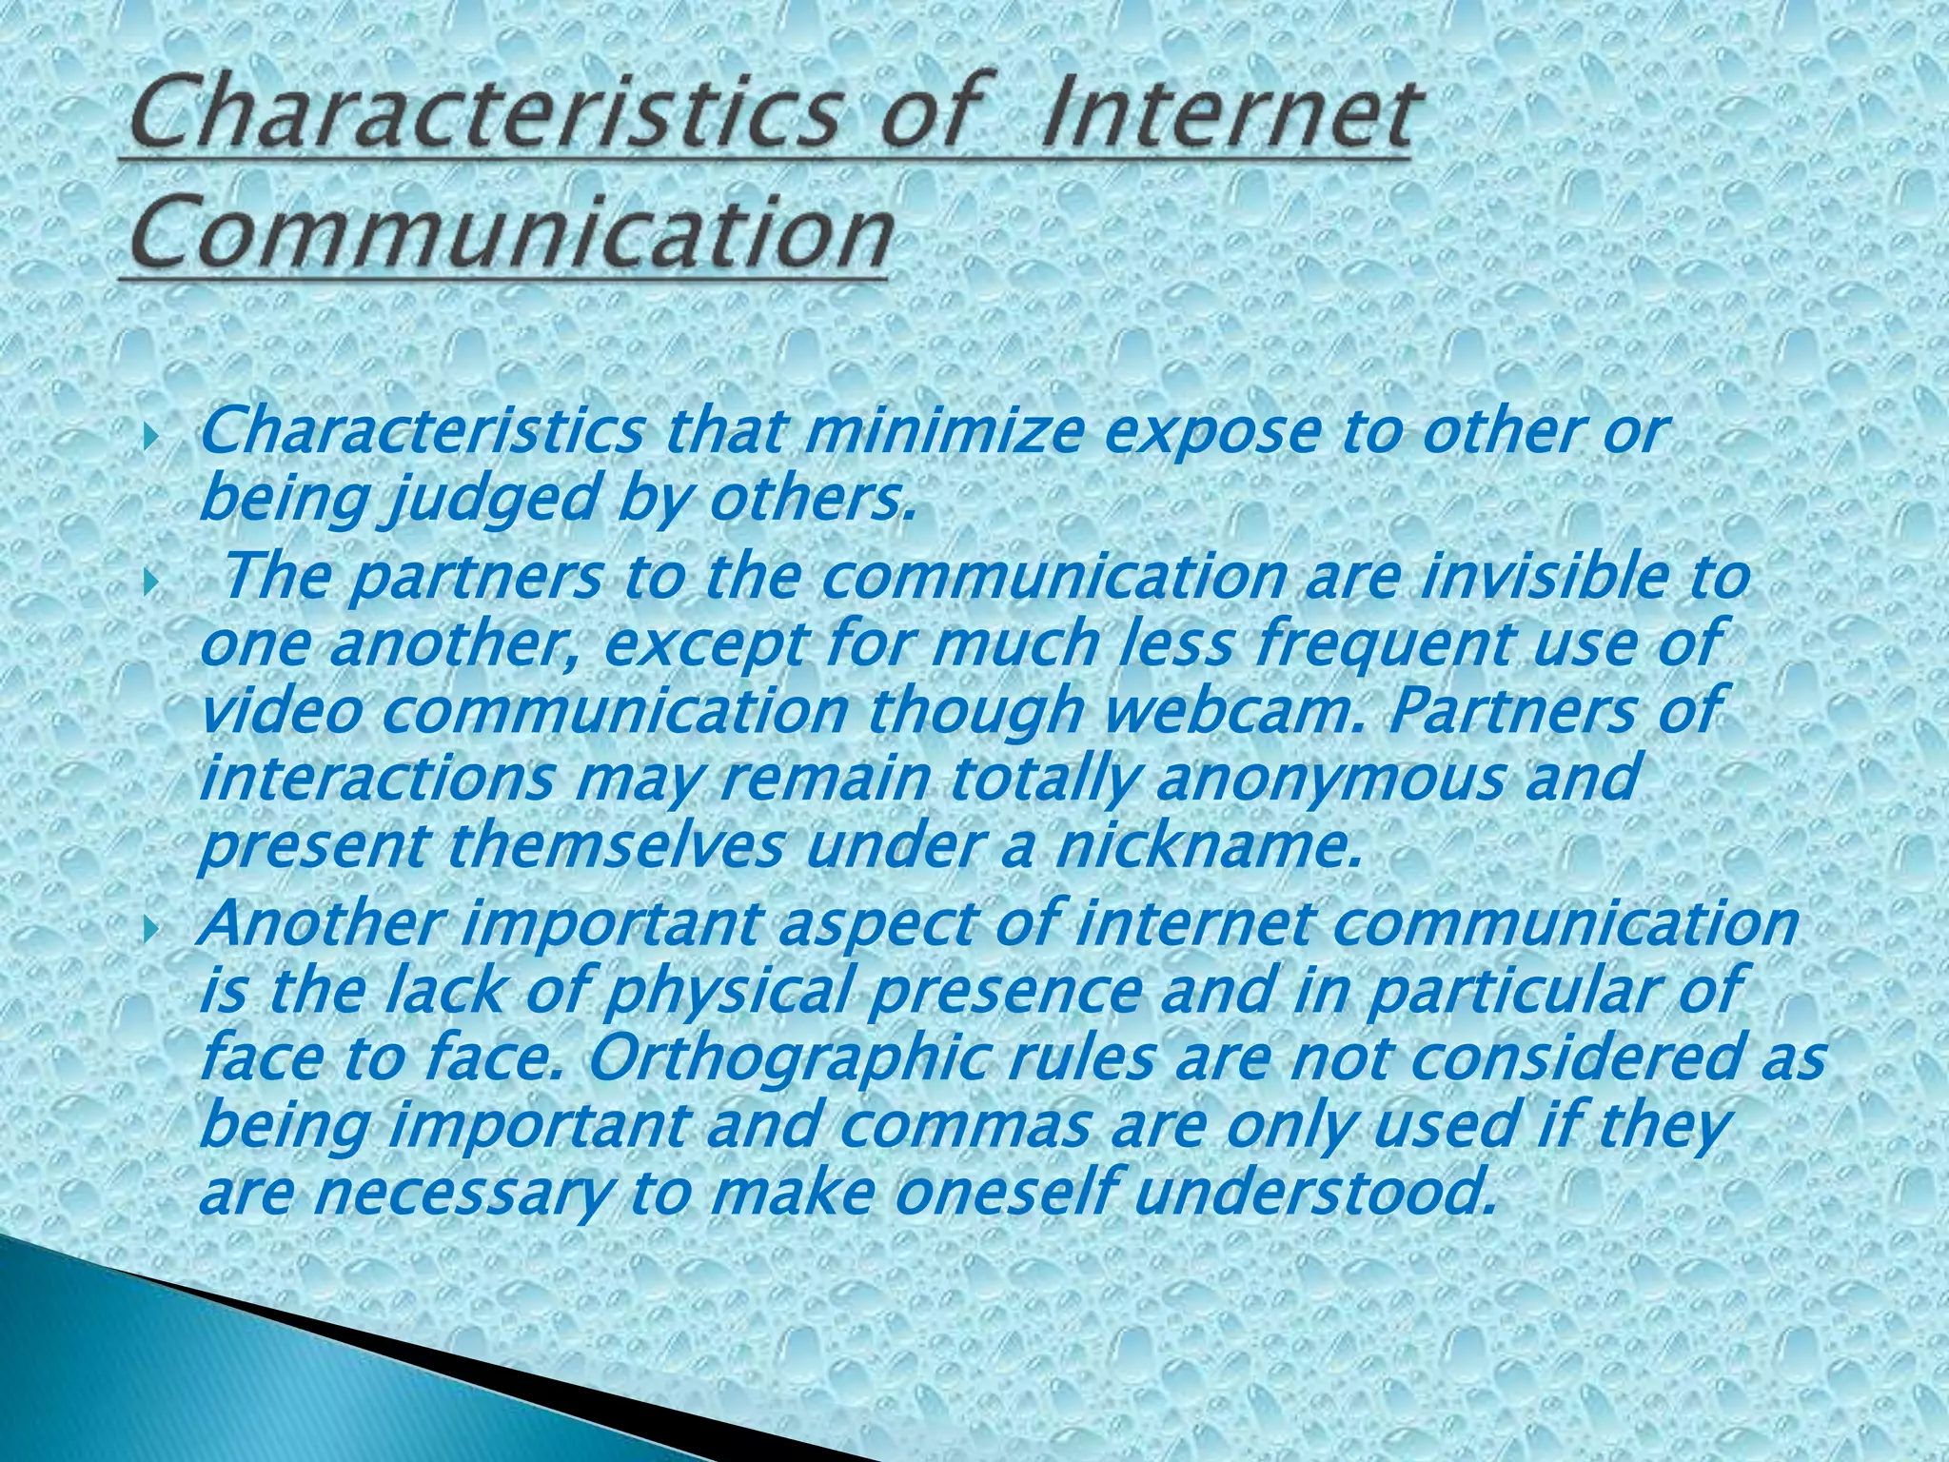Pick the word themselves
pyautogui.click(x=614, y=846)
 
